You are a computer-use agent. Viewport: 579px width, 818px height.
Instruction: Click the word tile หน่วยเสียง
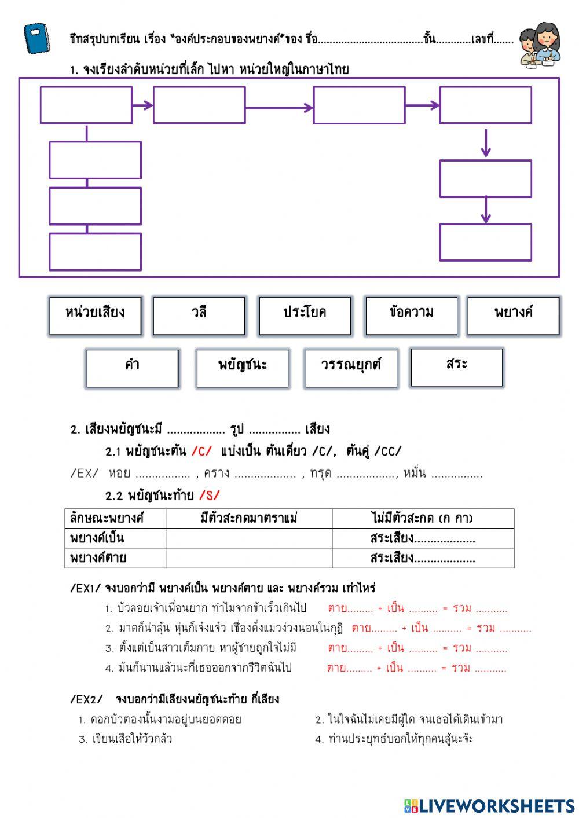pos(95,316)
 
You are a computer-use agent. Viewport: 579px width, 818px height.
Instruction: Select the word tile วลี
pos(199,316)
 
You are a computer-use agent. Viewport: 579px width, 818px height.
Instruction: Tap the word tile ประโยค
pos(305,316)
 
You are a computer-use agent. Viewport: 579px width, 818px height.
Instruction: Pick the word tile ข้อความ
pos(411,316)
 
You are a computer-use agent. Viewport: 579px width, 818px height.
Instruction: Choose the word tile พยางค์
pos(513,316)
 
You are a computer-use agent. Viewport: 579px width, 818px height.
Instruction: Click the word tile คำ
pos(132,368)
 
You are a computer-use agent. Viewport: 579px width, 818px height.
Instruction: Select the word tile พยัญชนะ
pos(242,368)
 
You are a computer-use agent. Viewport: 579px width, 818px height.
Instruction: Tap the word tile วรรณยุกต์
pos(351,368)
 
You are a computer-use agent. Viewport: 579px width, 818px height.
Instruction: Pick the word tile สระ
pos(456,367)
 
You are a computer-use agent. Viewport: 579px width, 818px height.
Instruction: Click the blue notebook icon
pos(38,38)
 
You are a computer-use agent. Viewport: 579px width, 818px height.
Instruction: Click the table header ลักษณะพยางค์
pos(107,518)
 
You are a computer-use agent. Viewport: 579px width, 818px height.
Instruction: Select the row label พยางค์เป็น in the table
pos(97,538)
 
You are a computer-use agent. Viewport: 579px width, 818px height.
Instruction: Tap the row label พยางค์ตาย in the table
pos(98,558)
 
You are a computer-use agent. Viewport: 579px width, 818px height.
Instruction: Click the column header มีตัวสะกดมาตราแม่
pos(248,518)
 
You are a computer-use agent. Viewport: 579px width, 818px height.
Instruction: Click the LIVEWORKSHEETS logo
pos(489,806)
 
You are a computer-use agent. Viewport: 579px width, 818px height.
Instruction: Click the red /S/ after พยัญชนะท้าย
pos(209,496)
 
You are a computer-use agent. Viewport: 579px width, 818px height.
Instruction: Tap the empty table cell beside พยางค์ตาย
pos(248,558)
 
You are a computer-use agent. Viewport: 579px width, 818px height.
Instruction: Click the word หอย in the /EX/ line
pos(119,474)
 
